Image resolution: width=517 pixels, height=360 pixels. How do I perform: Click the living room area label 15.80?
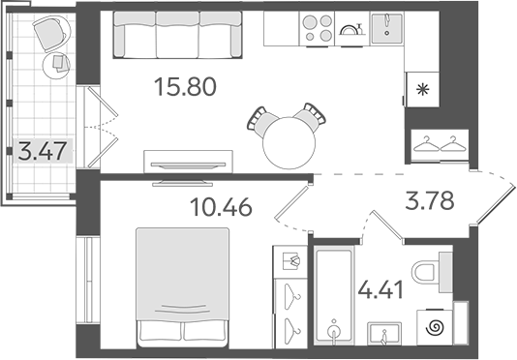[185, 89]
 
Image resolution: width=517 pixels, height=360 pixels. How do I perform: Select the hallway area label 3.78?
[428, 203]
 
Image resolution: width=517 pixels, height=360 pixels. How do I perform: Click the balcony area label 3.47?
[42, 151]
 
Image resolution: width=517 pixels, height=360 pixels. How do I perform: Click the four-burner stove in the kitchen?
[318, 26]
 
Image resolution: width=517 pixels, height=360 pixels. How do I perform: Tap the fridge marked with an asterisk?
[423, 89]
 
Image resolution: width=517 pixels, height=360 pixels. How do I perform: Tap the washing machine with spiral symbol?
[433, 327]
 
